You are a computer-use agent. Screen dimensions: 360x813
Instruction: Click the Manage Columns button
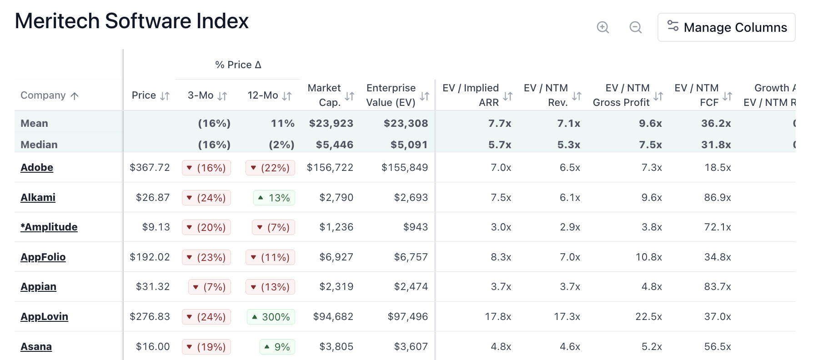pyautogui.click(x=726, y=27)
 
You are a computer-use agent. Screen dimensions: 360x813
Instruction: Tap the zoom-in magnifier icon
pyautogui.click(x=603, y=27)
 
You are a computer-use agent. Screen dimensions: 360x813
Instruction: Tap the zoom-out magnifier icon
pyautogui.click(x=636, y=27)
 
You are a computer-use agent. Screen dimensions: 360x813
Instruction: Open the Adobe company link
pyautogui.click(x=37, y=167)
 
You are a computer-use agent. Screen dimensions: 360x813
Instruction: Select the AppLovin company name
pyautogui.click(x=44, y=316)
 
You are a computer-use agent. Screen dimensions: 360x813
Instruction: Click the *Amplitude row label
pyautogui.click(x=49, y=227)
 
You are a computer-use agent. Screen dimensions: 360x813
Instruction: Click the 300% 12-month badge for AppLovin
pyautogui.click(x=271, y=317)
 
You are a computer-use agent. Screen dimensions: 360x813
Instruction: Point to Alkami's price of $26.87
pyautogui.click(x=152, y=197)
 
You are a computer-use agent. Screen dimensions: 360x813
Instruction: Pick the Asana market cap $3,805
pyautogui.click(x=336, y=346)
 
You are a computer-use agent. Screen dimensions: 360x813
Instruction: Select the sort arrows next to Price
pyautogui.click(x=165, y=96)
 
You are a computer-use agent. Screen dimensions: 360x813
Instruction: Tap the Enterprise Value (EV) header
pyautogui.click(x=391, y=95)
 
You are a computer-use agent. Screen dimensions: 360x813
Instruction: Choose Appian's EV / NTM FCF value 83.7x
pyautogui.click(x=717, y=286)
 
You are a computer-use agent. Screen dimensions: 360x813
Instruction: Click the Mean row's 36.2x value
pyautogui.click(x=716, y=123)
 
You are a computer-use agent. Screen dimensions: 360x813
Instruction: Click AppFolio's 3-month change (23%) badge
pyautogui.click(x=206, y=257)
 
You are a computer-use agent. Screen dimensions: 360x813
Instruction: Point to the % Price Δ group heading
pyautogui.click(x=238, y=65)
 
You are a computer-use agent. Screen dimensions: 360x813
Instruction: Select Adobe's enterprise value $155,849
pyautogui.click(x=404, y=167)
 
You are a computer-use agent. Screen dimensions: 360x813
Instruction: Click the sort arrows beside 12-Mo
pyautogui.click(x=287, y=96)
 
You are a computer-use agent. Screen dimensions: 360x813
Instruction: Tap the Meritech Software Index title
pyautogui.click(x=131, y=21)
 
